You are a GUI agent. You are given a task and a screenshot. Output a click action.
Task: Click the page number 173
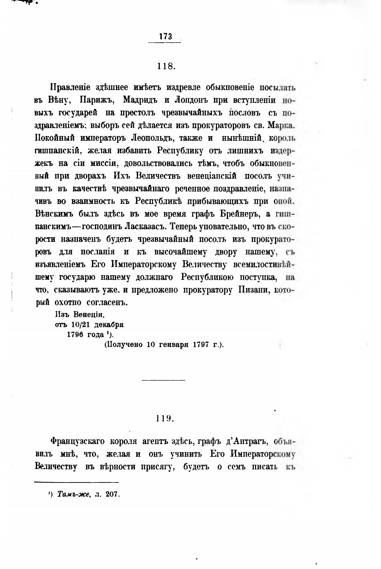point(165,36)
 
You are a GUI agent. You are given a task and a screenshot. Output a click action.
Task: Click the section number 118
point(166,66)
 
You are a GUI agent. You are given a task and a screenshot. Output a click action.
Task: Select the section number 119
point(164,419)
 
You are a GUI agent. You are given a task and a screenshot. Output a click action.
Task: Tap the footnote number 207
point(113,494)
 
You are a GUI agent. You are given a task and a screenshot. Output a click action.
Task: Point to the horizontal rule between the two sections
point(163,380)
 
